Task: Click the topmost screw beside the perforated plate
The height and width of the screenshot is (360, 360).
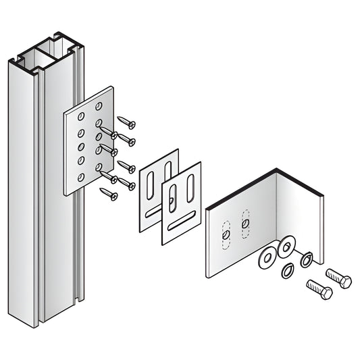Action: (x=127, y=122)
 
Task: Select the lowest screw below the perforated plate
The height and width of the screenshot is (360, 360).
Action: (x=109, y=194)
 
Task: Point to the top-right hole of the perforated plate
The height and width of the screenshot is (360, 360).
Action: (x=99, y=107)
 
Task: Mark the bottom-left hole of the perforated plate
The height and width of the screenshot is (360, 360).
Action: (x=81, y=178)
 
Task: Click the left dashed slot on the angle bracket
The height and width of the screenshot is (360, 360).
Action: (x=226, y=233)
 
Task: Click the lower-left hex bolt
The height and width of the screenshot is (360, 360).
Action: (x=318, y=290)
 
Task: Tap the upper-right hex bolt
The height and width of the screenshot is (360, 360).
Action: (x=338, y=278)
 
